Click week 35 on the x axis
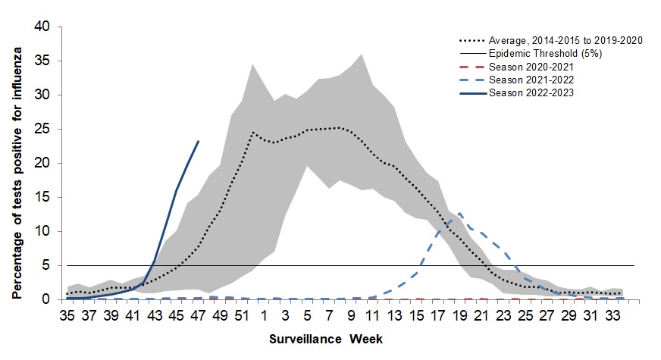pyautogui.click(x=67, y=315)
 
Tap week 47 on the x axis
pyautogui.click(x=198, y=315)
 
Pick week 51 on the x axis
pyautogui.click(x=242, y=315)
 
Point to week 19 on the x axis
pyautogui.click(x=459, y=315)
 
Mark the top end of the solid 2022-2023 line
pyautogui.click(x=198, y=141)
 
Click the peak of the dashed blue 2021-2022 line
pyautogui.click(x=459, y=214)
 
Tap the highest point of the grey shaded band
pyautogui.click(x=361, y=54)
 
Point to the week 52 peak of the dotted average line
pyautogui.click(x=252, y=132)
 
